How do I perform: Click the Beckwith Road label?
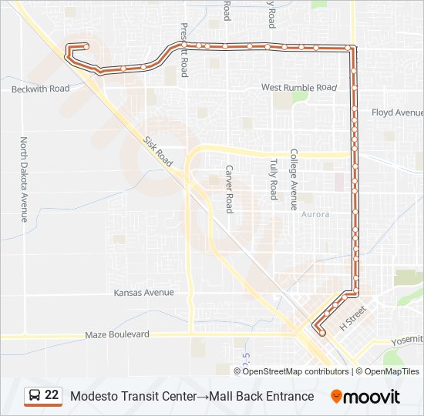(40, 89)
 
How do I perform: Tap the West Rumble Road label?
(299, 88)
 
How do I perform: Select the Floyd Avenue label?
(397, 112)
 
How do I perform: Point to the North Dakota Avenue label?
(24, 179)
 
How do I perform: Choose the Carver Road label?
(229, 189)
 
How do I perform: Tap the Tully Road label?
(273, 179)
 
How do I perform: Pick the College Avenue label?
(294, 179)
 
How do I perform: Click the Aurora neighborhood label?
(315, 214)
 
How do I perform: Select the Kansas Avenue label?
(143, 293)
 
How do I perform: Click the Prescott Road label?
(185, 50)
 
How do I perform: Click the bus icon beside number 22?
(35, 396)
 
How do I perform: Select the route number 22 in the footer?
(52, 395)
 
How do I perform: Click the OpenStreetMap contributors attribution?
(296, 371)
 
